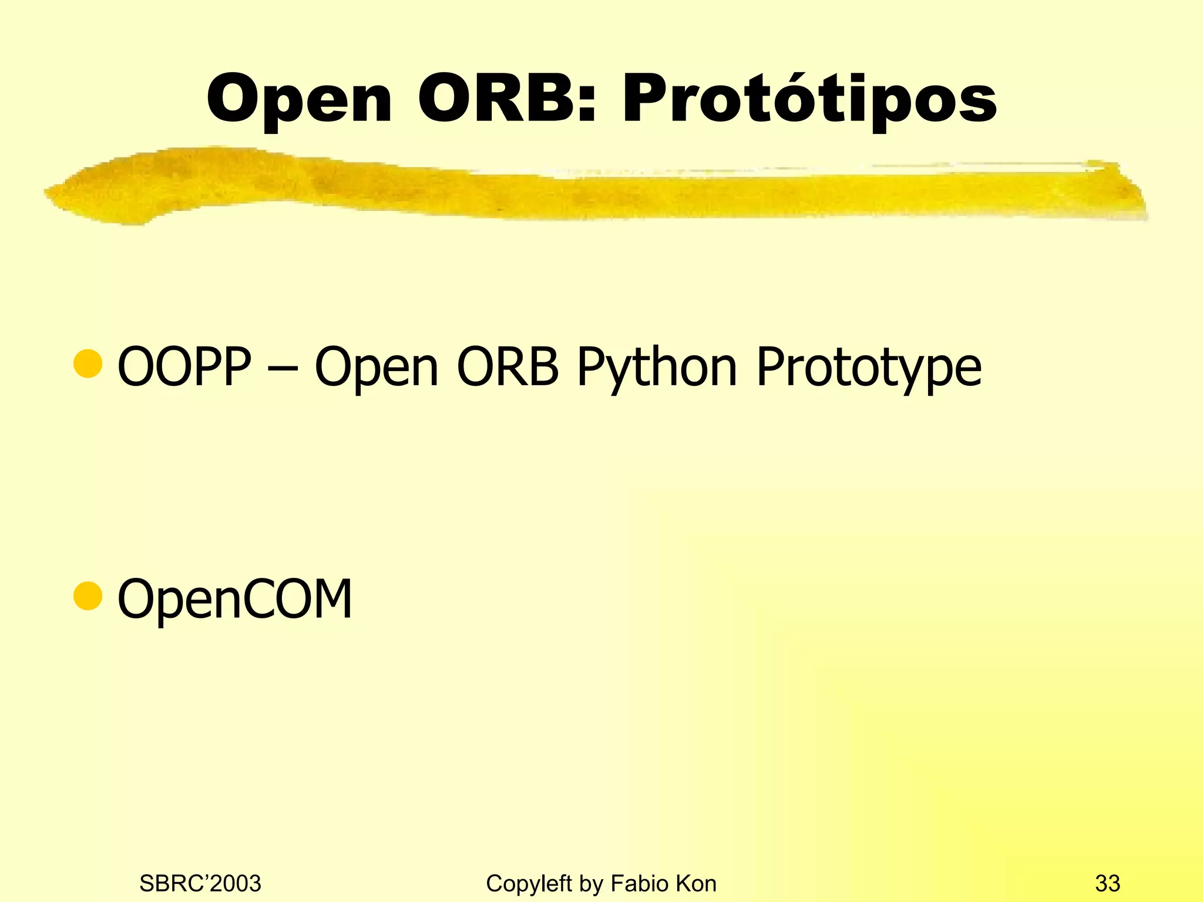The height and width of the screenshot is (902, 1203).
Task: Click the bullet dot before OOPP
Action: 88,364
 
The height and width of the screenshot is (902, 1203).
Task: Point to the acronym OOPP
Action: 184,366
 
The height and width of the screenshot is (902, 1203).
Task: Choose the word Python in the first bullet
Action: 656,366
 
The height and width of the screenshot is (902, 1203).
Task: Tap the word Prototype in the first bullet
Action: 868,366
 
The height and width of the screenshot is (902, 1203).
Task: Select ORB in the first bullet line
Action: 508,366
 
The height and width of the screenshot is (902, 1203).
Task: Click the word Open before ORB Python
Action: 376,366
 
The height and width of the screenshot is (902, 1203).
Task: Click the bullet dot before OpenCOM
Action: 88,596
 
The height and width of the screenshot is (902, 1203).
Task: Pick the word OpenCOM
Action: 235,598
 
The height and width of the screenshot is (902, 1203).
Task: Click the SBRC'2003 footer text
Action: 200,883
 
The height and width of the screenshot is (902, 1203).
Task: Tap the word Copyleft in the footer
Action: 529,883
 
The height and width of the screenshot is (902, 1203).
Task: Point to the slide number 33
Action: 1107,883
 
